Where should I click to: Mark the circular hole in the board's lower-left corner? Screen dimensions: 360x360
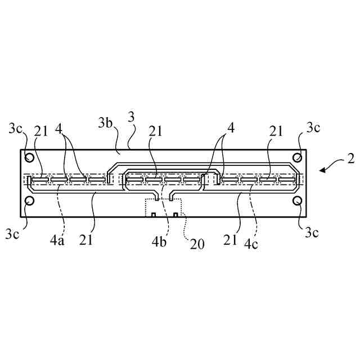(x=30, y=201)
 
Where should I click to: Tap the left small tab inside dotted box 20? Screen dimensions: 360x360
(x=153, y=215)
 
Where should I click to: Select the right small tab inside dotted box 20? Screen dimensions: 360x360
(x=175, y=215)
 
